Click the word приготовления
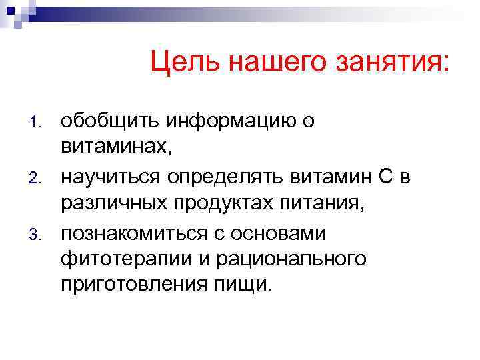click(x=127, y=285)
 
